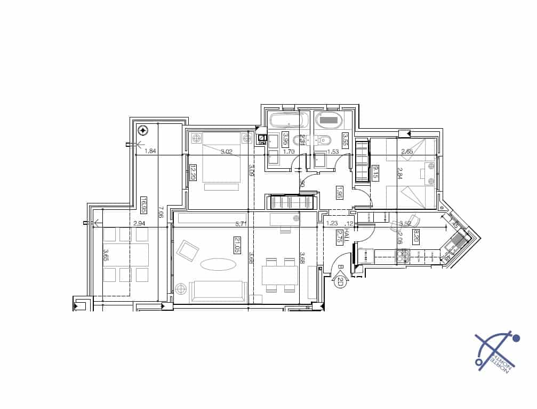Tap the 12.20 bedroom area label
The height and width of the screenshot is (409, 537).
(x=193, y=173)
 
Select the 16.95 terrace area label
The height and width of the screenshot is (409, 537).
(x=143, y=205)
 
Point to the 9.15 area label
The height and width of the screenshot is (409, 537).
(x=375, y=172)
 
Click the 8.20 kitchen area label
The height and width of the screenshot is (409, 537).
(x=416, y=235)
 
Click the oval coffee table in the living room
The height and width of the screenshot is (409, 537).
(x=218, y=264)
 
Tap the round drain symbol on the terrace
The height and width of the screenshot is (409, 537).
(x=143, y=130)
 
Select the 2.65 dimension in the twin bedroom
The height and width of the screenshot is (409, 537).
(x=407, y=152)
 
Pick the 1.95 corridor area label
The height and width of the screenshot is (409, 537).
(x=339, y=192)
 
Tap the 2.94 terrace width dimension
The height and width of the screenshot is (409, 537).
(x=139, y=223)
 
